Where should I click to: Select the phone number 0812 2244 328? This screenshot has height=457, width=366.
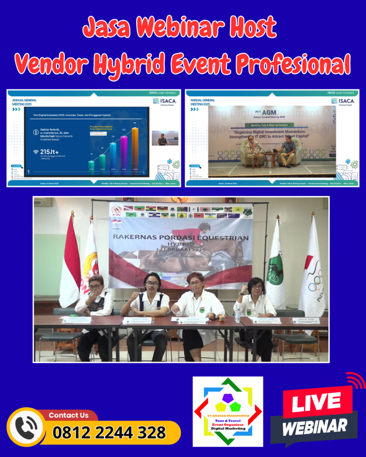pos(109,432)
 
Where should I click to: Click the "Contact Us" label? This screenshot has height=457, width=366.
pos(68,415)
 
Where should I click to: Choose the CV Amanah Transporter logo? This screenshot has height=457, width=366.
pos(227,411)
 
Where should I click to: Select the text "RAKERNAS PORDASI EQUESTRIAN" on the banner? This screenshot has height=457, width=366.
pos(181,238)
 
